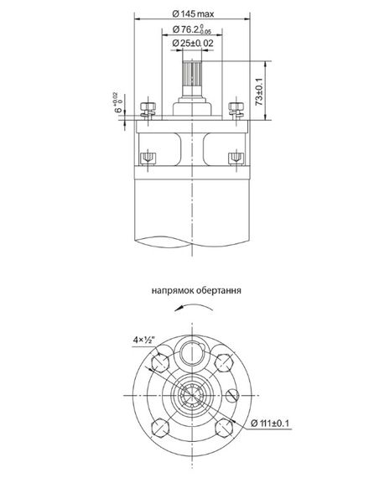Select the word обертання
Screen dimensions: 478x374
219,293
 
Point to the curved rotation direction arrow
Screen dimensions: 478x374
192,309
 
